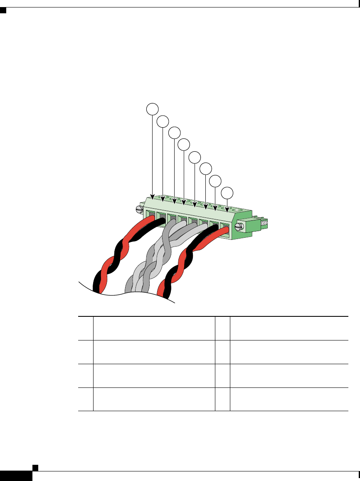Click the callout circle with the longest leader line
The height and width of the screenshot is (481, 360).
153,109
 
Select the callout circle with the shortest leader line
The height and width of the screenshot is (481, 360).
227,193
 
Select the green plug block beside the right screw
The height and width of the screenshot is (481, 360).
251,224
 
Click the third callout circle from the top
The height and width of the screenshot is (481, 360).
174,133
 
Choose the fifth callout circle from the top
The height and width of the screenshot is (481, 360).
195,157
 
